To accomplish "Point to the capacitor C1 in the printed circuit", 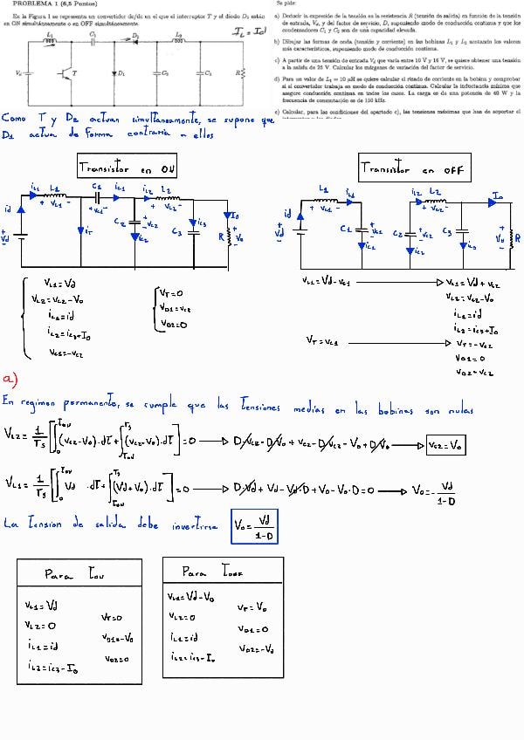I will click(93, 39).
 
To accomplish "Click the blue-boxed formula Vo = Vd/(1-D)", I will click(254, 526).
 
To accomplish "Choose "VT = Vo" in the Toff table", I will click(252, 605).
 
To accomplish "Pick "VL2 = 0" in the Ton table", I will click(40, 626).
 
